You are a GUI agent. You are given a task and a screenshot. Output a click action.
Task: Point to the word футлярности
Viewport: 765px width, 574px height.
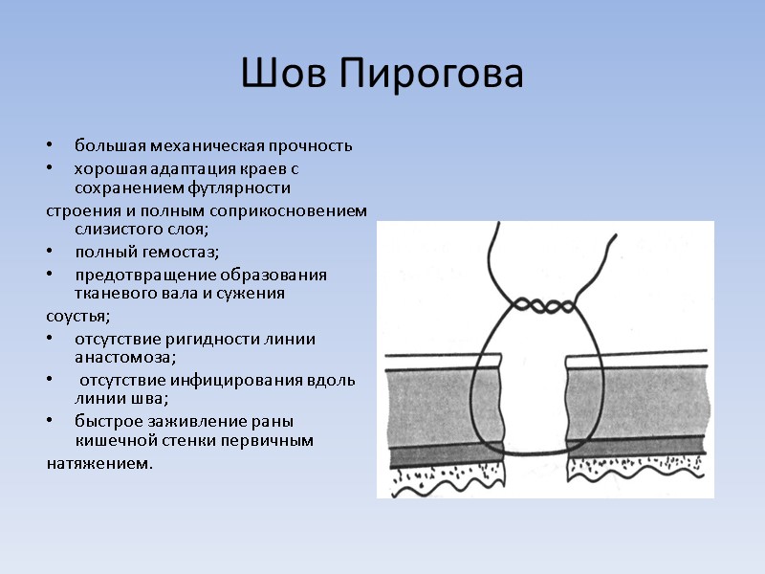click(x=240, y=188)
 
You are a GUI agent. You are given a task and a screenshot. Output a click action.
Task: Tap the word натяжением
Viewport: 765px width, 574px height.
click(x=98, y=463)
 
